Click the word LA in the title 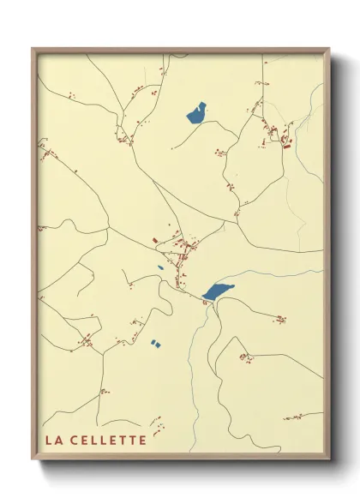click(x=53, y=441)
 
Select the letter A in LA click(x=58, y=441)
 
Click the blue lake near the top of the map click(x=196, y=113)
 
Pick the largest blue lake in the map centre click(x=219, y=291)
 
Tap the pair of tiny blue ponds click(x=155, y=344)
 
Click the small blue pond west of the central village click(x=160, y=267)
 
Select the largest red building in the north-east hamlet click(x=285, y=147)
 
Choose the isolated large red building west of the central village click(x=154, y=241)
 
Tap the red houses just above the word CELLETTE click(x=157, y=423)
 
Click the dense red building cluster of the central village click(x=183, y=250)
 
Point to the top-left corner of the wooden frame click(x=33, y=48)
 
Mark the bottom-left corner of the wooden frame click(x=33, y=460)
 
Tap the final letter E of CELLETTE click(x=142, y=441)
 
